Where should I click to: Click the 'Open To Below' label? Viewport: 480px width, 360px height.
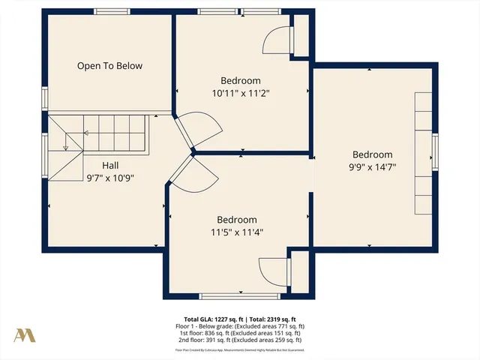click(109, 66)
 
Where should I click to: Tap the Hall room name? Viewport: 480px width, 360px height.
click(110, 166)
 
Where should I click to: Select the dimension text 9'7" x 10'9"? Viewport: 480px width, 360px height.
click(110, 178)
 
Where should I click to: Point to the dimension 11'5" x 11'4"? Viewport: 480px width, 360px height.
click(237, 232)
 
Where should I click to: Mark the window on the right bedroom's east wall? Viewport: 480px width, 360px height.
click(434, 152)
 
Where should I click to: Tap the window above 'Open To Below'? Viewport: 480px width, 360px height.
click(111, 11)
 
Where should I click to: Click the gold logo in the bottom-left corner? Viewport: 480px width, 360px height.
click(24, 334)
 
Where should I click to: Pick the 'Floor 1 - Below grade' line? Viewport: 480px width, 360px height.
click(240, 325)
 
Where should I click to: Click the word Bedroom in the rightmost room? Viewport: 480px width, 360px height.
click(372, 155)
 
